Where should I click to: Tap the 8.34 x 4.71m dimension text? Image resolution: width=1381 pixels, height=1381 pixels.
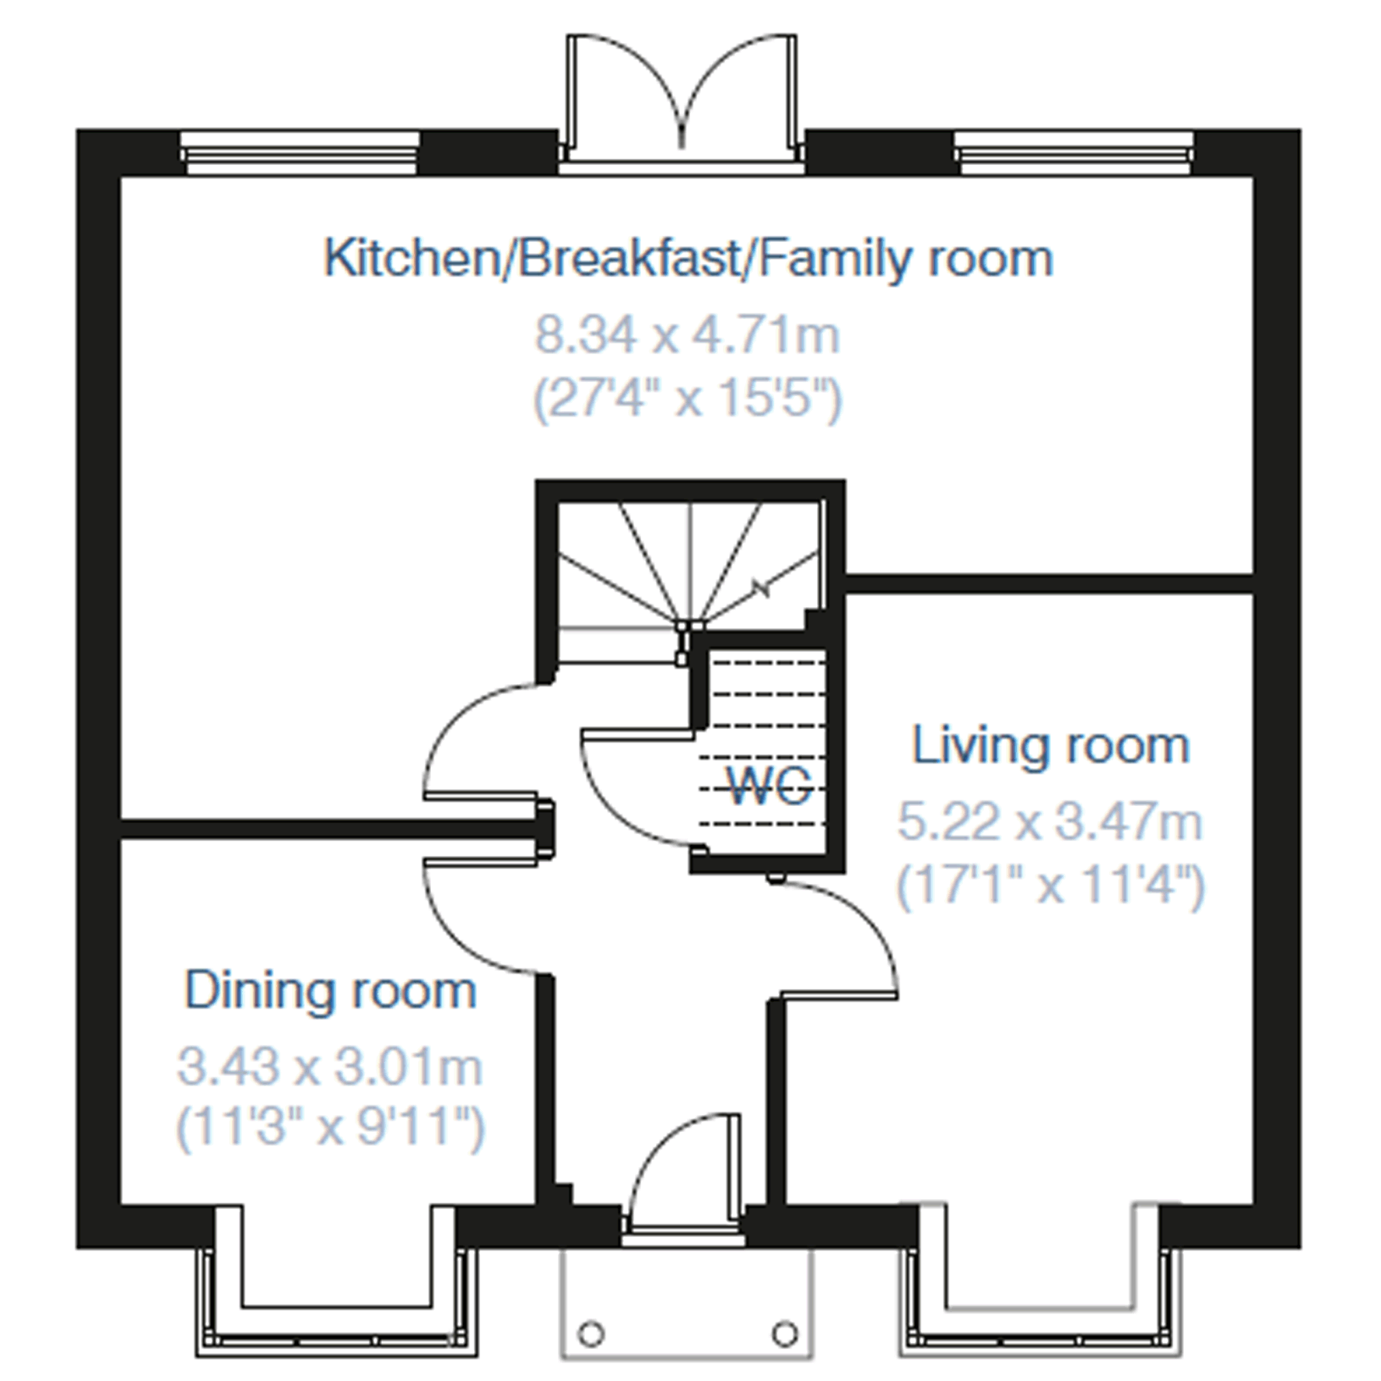[687, 335]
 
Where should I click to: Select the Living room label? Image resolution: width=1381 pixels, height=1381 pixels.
[1051, 745]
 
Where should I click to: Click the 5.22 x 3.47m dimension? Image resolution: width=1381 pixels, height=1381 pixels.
[1050, 821]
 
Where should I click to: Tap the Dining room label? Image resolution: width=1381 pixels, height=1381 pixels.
[330, 991]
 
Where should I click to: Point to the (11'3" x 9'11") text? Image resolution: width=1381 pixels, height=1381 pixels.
[330, 1128]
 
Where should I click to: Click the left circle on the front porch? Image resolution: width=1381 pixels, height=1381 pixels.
[591, 1334]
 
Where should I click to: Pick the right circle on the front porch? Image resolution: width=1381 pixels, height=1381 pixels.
[785, 1334]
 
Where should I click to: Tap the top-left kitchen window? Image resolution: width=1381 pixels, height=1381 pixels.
[299, 152]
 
